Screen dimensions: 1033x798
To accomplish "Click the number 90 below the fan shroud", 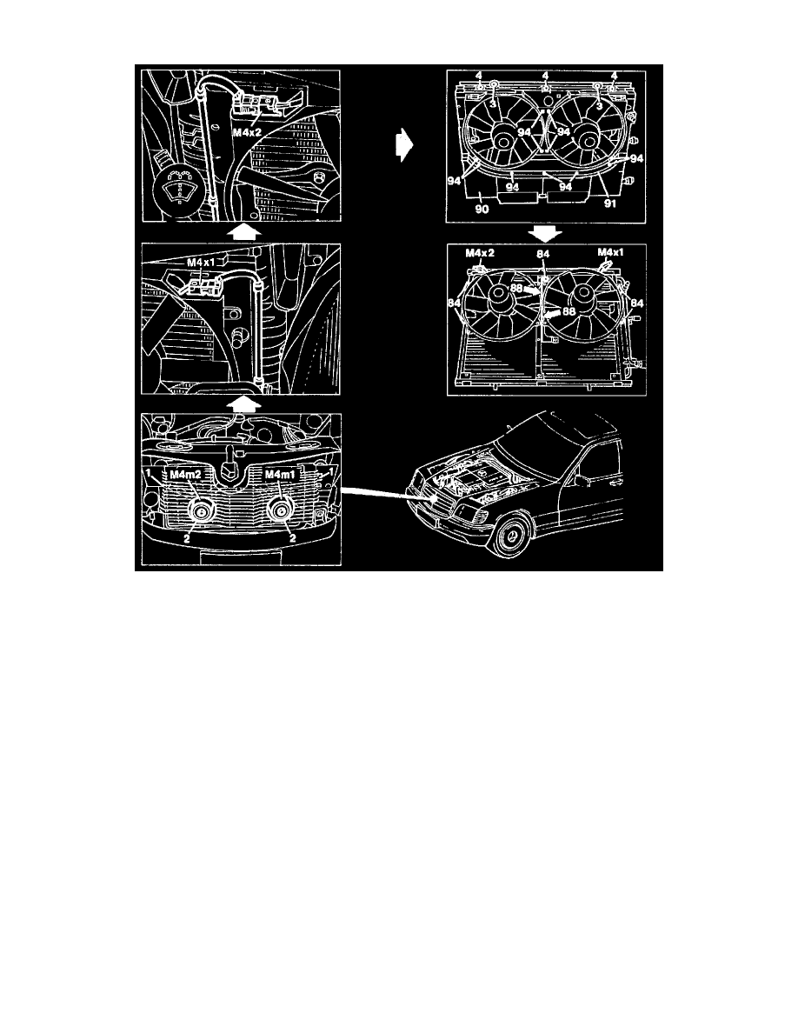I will [x=482, y=210].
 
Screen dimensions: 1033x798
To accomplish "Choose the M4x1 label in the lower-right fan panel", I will [x=611, y=254].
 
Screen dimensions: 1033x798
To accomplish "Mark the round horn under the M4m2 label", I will [x=202, y=512].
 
